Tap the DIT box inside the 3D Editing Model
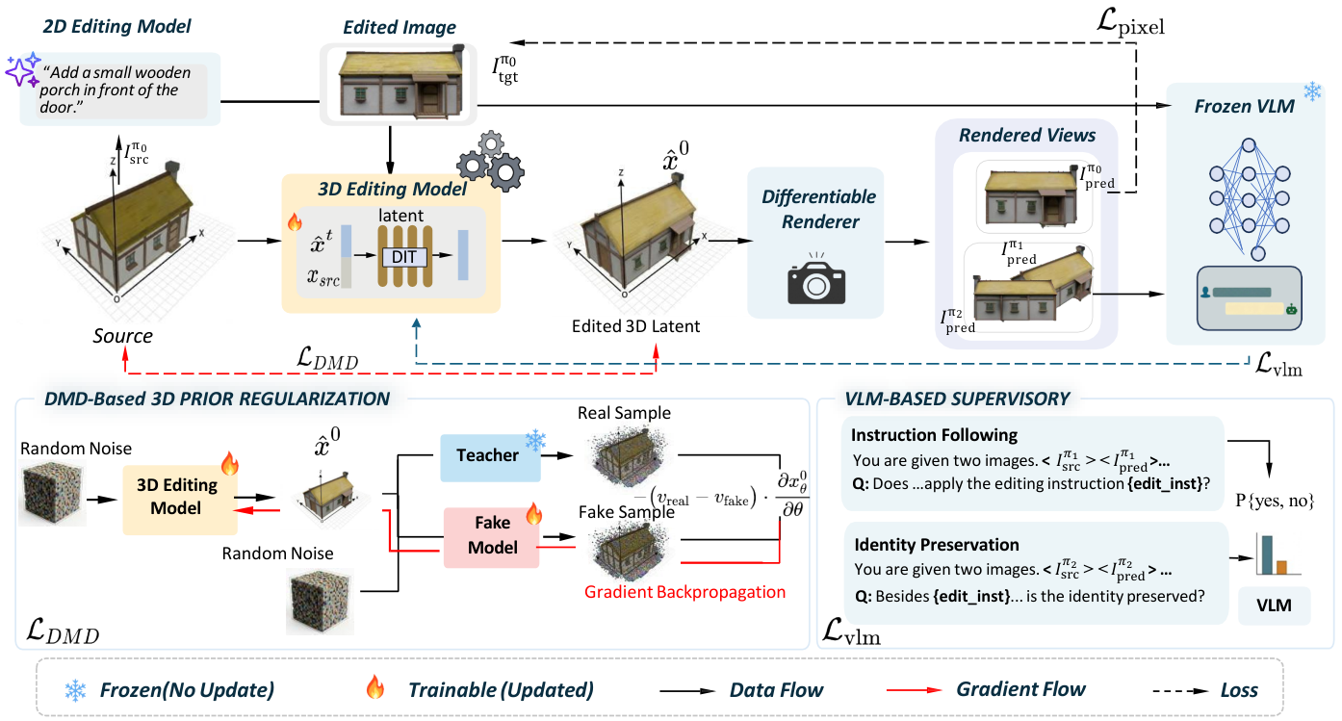point(404,257)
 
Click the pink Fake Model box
point(491,536)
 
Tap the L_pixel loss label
point(1130,23)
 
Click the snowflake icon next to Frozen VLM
point(1313,92)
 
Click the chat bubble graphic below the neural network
point(1250,298)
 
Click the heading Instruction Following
point(934,435)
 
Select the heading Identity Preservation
point(937,544)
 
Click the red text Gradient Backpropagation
point(684,592)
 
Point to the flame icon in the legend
point(375,687)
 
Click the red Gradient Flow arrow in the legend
point(914,690)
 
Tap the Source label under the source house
point(123,336)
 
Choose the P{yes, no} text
point(1275,501)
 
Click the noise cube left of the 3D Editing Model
point(52,493)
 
